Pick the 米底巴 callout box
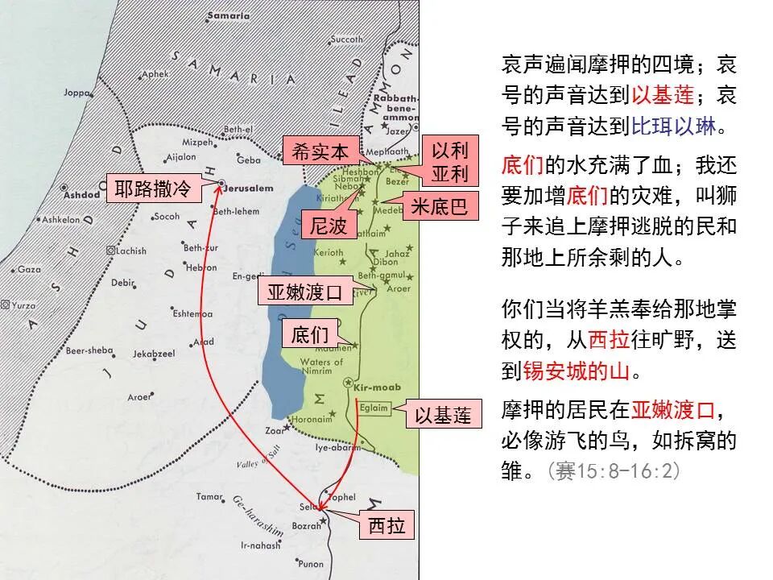[439, 206]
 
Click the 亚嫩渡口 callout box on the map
[305, 292]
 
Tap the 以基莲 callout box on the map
[442, 416]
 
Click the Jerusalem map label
[253, 184]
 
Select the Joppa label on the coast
[77, 93]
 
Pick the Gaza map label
[29, 269]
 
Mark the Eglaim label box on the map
[374, 408]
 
